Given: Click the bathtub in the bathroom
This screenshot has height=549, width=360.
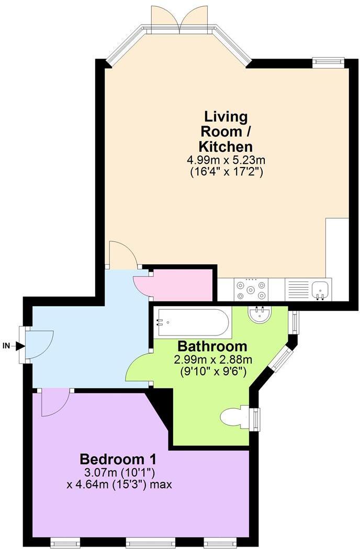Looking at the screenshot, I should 193,323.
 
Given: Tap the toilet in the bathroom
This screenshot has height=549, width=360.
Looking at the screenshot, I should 235,417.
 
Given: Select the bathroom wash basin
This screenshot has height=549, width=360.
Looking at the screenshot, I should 260,315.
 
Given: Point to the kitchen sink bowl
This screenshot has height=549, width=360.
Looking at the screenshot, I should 319,288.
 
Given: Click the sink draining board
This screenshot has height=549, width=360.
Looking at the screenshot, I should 298,289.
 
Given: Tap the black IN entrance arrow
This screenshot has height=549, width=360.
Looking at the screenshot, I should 20,345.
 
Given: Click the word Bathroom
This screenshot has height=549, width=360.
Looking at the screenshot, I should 212,346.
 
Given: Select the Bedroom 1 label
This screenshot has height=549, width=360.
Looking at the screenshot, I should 118,460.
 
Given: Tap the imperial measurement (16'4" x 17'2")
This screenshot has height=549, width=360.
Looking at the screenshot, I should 227,171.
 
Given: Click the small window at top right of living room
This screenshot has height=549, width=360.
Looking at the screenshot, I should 328,62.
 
